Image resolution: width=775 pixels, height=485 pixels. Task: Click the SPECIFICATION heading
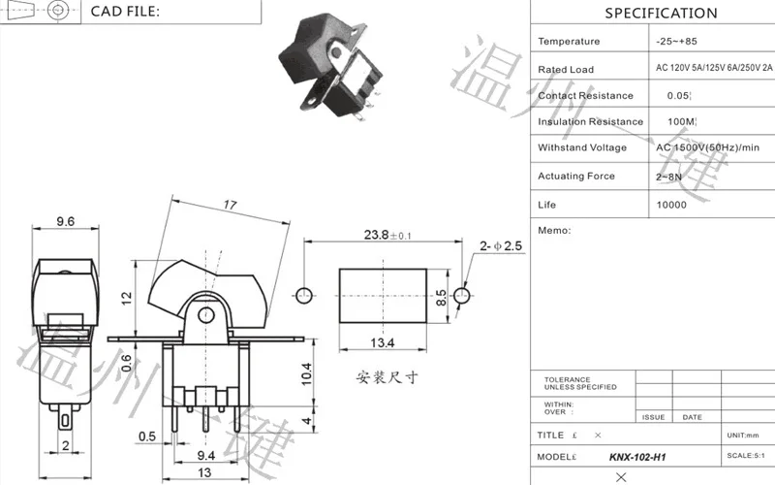pyautogui.click(x=662, y=14)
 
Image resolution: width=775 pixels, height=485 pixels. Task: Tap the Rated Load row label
pyautogui.click(x=567, y=70)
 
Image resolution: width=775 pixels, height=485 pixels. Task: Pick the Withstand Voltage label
pyautogui.click(x=582, y=148)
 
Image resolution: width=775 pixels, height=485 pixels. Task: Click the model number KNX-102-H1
pyautogui.click(x=637, y=457)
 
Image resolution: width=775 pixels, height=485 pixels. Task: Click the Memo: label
pyautogui.click(x=553, y=231)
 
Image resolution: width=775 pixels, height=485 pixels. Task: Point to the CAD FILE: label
pyautogui.click(x=125, y=12)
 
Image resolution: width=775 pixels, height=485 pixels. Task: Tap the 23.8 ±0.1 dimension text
pyautogui.click(x=387, y=236)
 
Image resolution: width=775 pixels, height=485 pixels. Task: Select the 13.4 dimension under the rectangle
pyautogui.click(x=383, y=342)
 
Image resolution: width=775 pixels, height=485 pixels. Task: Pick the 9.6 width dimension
pyautogui.click(x=65, y=222)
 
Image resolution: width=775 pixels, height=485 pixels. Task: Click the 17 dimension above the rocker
pyautogui.click(x=231, y=206)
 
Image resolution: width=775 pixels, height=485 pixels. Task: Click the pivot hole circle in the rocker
pyautogui.click(x=204, y=316)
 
